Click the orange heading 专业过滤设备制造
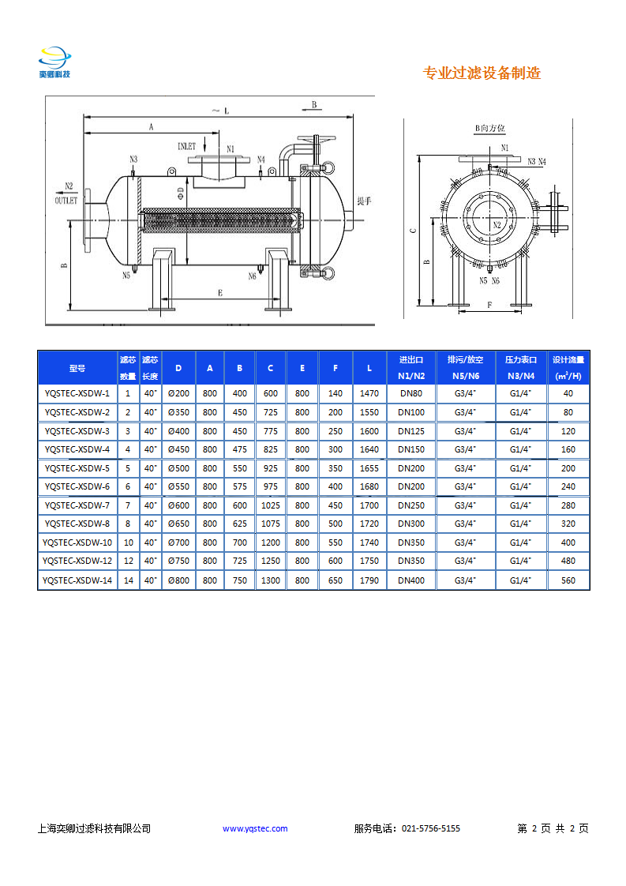482,73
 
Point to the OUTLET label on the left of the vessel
66,201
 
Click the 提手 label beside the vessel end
364,201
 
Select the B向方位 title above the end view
489,128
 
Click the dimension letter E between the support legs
220,293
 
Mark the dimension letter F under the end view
489,304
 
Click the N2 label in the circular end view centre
497,225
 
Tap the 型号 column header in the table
77,368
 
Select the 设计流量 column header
568,368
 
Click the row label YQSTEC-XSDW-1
77,392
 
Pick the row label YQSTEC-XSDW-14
77,580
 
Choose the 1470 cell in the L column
369,392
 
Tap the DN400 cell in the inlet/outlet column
410,580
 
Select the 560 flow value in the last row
568,580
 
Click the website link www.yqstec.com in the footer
255,828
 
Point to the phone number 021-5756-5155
431,828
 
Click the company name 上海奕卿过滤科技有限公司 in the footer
94,828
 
